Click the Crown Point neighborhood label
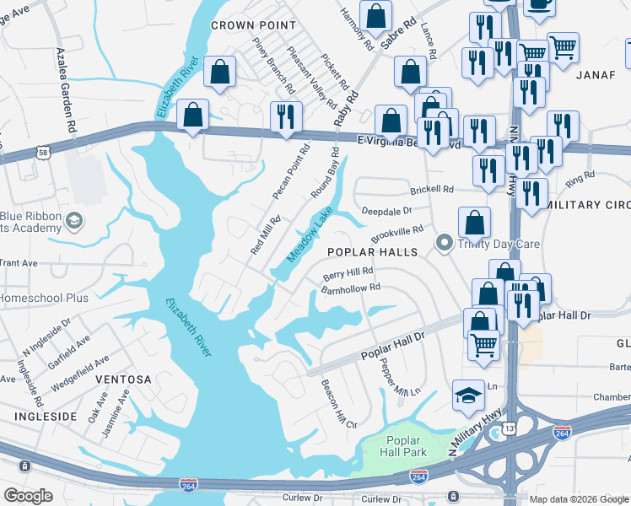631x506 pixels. click(253, 25)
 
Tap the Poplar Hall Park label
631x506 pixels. click(407, 446)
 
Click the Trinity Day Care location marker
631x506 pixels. click(443, 245)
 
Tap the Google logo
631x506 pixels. click(28, 496)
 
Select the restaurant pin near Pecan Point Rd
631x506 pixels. click(286, 117)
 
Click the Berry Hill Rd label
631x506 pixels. click(348, 274)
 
